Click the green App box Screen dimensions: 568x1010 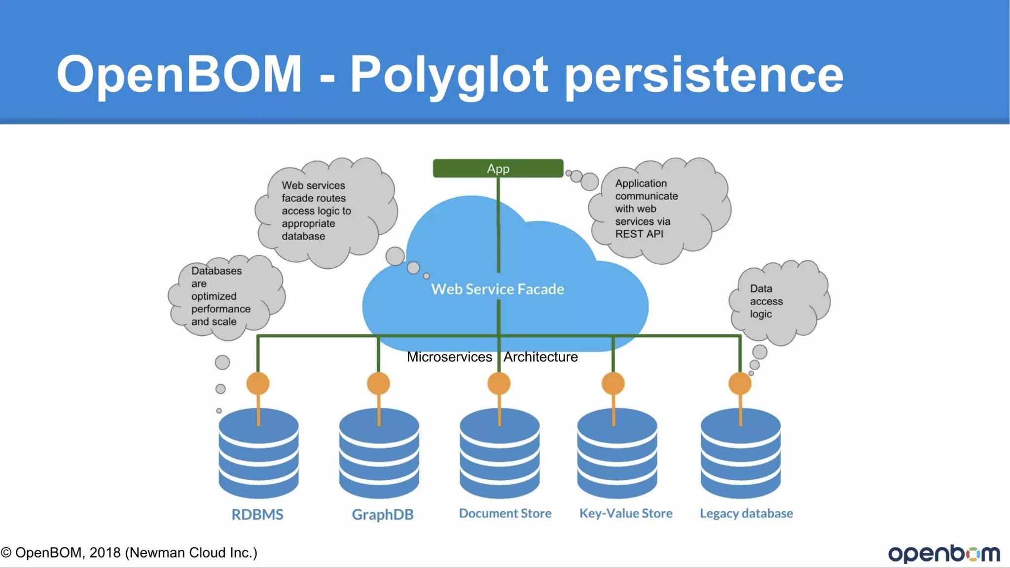click(x=498, y=169)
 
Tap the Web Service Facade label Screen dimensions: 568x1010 click(x=497, y=289)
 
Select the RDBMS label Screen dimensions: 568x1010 click(x=257, y=514)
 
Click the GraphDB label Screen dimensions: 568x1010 click(x=382, y=514)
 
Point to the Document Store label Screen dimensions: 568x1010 click(x=505, y=513)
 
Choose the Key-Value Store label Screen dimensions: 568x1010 click(x=626, y=513)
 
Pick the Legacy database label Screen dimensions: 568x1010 click(x=746, y=513)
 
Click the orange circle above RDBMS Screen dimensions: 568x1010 click(x=258, y=383)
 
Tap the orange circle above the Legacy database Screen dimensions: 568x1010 click(x=740, y=383)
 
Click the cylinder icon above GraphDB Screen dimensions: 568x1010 click(x=379, y=454)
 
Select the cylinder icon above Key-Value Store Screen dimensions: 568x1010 click(x=617, y=454)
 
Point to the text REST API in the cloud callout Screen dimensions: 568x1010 click(x=639, y=234)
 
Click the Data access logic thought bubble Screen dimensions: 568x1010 click(x=778, y=302)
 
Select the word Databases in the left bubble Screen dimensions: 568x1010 click(x=216, y=271)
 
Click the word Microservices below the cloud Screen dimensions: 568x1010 click(x=449, y=357)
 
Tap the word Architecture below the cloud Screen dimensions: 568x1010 click(x=541, y=357)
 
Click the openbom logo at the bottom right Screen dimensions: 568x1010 click(x=944, y=553)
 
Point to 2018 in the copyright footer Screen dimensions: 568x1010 click(x=105, y=553)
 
